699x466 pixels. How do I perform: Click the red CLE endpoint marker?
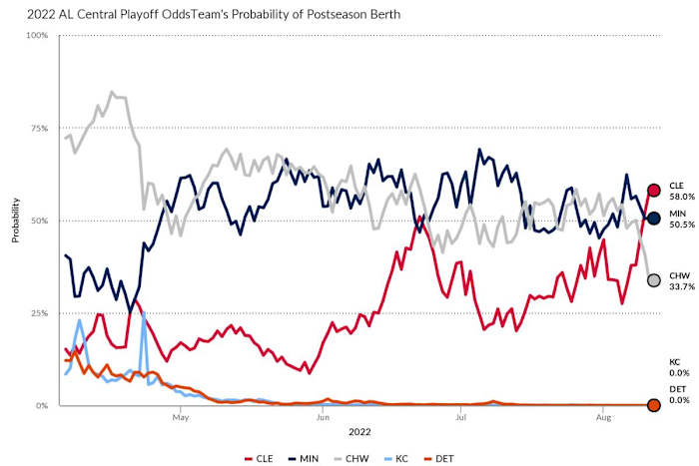(x=653, y=191)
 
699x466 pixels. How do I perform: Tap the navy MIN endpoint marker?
(x=653, y=219)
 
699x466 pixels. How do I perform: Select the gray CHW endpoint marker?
(x=653, y=280)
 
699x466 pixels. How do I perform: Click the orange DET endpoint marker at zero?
(x=653, y=405)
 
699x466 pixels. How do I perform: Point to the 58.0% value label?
(x=679, y=198)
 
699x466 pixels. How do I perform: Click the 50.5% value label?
(x=679, y=226)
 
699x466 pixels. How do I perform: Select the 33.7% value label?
(x=679, y=287)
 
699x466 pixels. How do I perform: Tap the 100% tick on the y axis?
(x=36, y=36)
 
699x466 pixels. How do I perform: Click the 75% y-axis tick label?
(x=38, y=129)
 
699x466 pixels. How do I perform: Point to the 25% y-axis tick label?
(x=38, y=313)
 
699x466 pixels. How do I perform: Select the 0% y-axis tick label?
(x=41, y=406)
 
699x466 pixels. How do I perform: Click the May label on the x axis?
(x=181, y=418)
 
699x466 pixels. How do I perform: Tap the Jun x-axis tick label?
(x=322, y=418)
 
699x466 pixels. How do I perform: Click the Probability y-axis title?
(x=15, y=221)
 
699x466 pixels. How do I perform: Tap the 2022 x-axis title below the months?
(x=359, y=432)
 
